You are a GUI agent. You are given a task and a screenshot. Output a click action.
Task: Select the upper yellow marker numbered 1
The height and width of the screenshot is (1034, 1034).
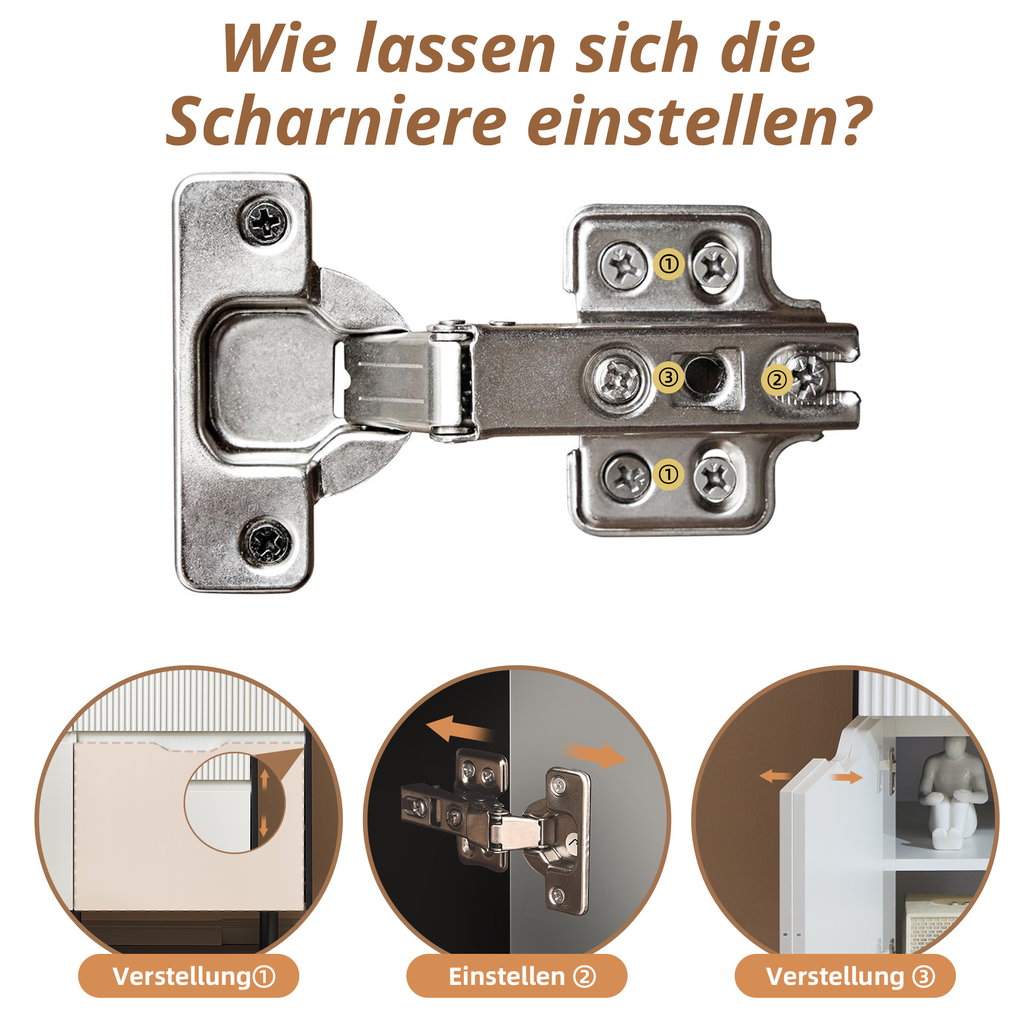tap(669, 264)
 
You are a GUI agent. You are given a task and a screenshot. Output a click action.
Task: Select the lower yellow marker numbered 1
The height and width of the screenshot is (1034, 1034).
tap(668, 474)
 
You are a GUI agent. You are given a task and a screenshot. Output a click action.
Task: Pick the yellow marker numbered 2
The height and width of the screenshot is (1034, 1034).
tap(777, 379)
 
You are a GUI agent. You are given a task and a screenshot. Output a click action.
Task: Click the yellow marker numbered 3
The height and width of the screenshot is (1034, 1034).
tap(668, 377)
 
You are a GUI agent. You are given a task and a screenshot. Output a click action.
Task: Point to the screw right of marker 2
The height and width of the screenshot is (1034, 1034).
tap(809, 378)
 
